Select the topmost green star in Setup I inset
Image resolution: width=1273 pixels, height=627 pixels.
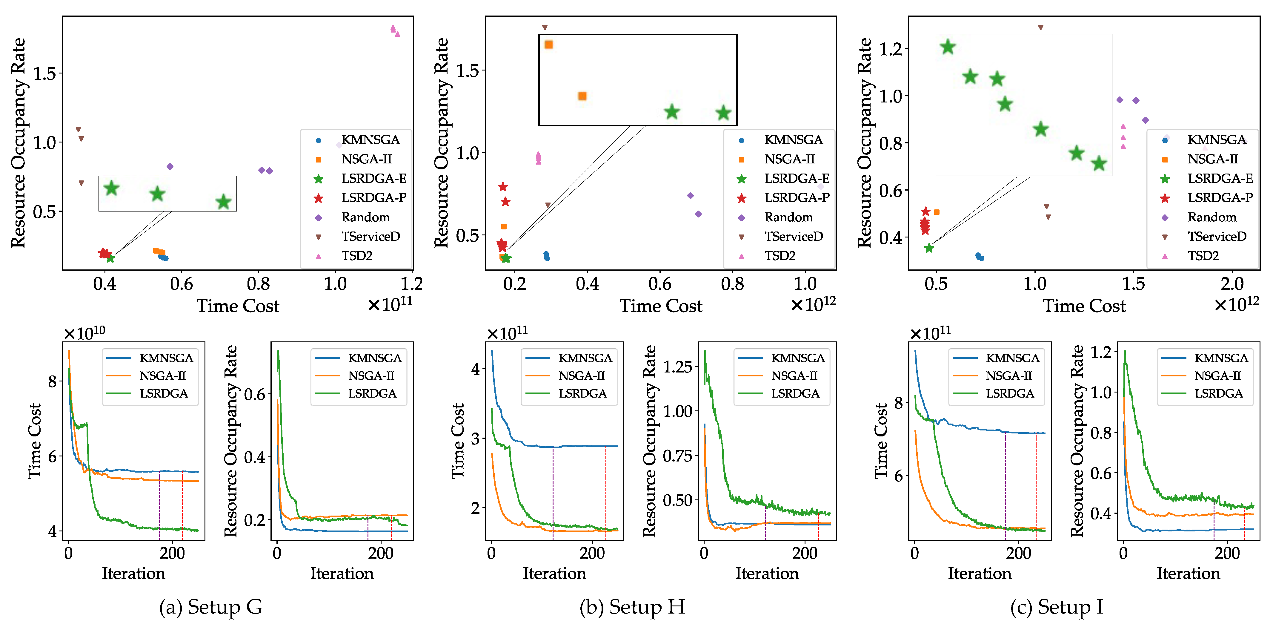[947, 47]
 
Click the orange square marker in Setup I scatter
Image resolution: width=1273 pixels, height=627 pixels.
[937, 212]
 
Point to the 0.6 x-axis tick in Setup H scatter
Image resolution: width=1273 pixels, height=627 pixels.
[660, 284]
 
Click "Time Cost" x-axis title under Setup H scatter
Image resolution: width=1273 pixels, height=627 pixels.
[661, 306]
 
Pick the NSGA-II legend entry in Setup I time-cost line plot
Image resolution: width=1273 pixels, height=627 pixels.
[1008, 376]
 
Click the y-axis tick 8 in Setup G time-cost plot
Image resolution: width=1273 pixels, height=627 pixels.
[52, 381]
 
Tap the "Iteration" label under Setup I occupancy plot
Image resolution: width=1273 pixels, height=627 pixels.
[1188, 574]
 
